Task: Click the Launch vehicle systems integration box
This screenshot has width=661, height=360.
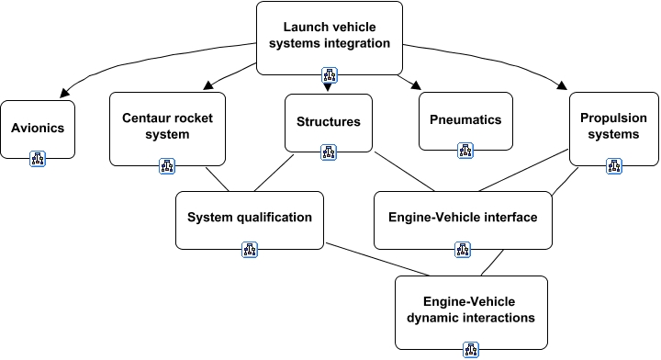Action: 329,37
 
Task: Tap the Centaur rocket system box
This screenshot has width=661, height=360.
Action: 167,128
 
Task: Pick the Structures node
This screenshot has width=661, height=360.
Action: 329,121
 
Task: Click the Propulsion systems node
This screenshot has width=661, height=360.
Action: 614,126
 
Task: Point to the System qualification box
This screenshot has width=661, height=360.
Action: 250,218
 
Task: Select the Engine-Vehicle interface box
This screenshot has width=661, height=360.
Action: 464,218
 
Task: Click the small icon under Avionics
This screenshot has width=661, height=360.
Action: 38,158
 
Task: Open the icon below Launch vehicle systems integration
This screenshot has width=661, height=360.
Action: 329,75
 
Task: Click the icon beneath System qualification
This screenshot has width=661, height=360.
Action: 250,249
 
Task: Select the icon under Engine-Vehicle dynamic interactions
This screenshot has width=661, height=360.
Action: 471,349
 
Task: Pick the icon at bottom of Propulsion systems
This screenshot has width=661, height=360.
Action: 614,165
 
